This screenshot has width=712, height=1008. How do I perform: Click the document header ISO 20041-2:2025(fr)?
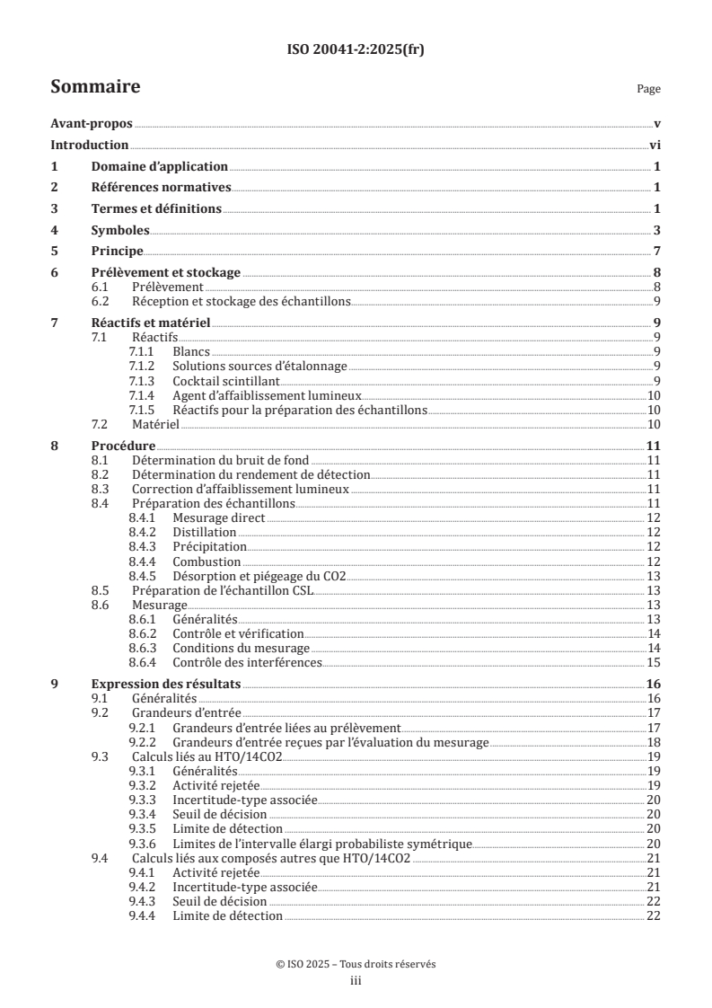click(x=356, y=50)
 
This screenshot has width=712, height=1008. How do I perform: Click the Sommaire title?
click(x=94, y=87)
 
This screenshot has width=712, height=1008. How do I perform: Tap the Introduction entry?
click(x=90, y=146)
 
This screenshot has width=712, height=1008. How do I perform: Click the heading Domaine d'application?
click(x=160, y=166)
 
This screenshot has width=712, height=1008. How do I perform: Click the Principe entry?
click(x=118, y=251)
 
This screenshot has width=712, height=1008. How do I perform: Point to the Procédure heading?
click(x=124, y=445)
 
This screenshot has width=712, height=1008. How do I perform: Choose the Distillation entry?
click(x=205, y=532)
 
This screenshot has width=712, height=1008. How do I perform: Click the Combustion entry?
click(x=207, y=561)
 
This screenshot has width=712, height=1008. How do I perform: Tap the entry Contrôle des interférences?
click(x=247, y=662)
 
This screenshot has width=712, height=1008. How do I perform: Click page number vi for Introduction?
click(x=655, y=146)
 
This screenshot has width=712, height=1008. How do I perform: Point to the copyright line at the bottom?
click(x=356, y=964)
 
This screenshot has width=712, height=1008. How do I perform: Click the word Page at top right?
click(x=648, y=89)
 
